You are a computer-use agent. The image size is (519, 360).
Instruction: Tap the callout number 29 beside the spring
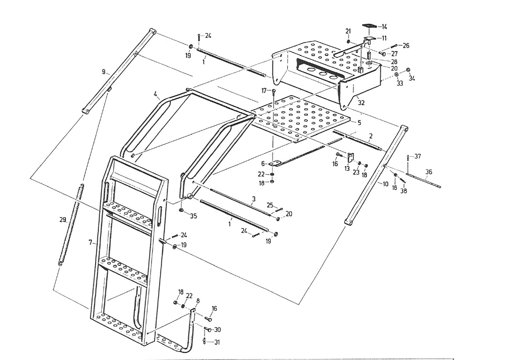coord(63,220)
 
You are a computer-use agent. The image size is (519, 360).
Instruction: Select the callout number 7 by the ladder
coord(91,242)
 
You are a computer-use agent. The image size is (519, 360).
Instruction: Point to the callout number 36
coord(428,172)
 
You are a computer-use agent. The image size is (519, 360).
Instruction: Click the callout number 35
coord(193,216)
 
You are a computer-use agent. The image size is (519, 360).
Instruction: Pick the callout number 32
coord(361,103)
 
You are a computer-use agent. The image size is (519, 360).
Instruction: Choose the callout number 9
coord(104,72)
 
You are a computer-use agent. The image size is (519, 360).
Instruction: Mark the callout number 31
coord(217,342)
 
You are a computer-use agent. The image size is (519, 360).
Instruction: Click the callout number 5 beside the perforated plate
coord(359,122)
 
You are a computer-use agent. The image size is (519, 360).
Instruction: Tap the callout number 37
coord(418,157)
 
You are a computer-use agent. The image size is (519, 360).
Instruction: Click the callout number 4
coord(155,94)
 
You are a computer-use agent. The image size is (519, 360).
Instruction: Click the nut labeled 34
coord(407,70)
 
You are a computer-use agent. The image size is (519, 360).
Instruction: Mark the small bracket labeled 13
coord(351,156)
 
